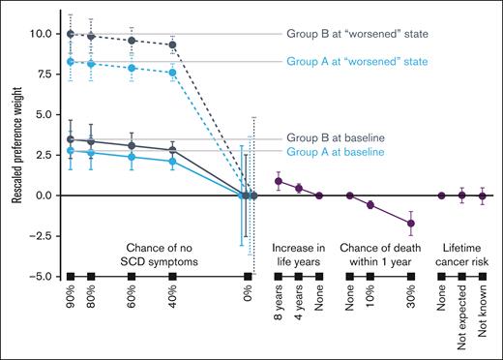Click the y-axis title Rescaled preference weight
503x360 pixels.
pos(18,141)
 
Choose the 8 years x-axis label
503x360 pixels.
pos(280,310)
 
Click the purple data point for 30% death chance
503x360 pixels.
pos(412,224)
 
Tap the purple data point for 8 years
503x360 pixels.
pos(280,181)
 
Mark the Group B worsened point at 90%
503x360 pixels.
pos(70,34)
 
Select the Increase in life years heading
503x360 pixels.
pos(299,242)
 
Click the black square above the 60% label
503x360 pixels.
pos(132,277)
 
